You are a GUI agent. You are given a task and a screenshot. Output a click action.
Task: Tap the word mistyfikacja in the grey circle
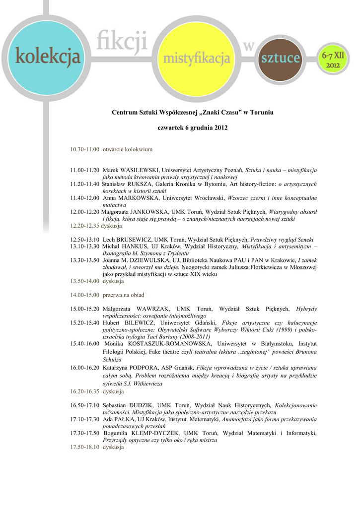pyautogui.click(x=197, y=60)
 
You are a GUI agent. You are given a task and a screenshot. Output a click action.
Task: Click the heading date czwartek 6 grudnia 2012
pyautogui.click(x=192, y=128)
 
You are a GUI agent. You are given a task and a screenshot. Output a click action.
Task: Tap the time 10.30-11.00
pyautogui.click(x=85, y=149)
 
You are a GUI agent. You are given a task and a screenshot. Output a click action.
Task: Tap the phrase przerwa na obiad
pyautogui.click(x=123, y=295)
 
